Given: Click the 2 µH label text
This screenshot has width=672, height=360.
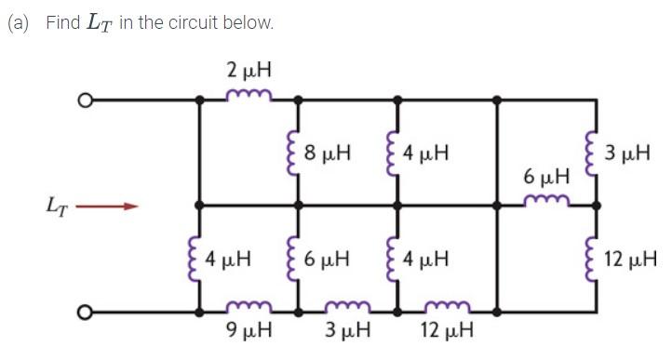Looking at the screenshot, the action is (249, 69).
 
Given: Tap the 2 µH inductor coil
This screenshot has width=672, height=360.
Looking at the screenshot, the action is (249, 94).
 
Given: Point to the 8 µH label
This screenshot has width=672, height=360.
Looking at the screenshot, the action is (329, 151).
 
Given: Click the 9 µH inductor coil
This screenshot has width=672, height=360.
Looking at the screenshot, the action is (249, 305).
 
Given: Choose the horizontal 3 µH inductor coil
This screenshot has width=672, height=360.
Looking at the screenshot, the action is (348, 305).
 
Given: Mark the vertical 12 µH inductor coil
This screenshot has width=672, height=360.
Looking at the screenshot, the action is (596, 257).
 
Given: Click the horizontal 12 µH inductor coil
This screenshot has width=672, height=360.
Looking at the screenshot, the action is (448, 305).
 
